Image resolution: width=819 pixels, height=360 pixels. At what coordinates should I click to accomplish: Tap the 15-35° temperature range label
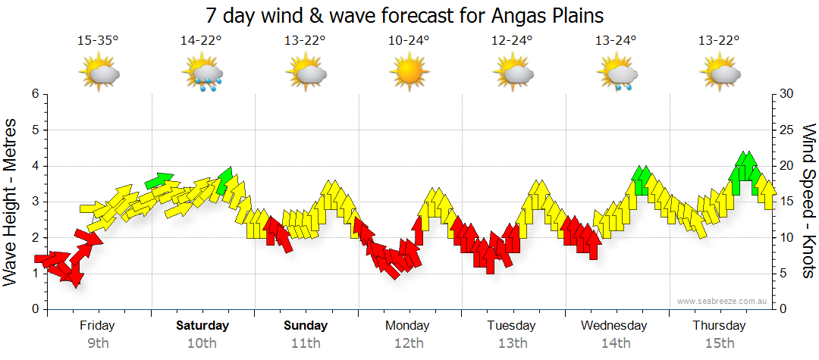pos(98,40)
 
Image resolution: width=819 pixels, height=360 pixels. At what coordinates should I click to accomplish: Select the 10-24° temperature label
pos(409,40)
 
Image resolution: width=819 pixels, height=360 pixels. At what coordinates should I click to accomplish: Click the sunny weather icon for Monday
pos(409,74)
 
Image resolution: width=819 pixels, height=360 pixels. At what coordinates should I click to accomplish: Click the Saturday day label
pos(202,326)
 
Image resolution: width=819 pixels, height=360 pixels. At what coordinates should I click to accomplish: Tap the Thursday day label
pos(719,326)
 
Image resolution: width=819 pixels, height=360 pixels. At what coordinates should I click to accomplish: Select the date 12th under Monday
pos(409,343)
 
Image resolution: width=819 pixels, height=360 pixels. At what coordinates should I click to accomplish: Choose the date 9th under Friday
pos(98,343)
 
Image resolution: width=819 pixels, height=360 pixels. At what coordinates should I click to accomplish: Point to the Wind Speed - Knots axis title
pos(808,201)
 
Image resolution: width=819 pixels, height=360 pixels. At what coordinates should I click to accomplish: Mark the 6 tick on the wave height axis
pos(34,94)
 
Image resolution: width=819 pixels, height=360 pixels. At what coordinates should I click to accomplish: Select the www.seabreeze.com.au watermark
pos(723,301)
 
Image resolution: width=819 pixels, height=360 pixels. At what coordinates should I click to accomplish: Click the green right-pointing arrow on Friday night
pos(159,180)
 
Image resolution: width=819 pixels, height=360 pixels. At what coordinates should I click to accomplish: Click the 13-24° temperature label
pos(616,40)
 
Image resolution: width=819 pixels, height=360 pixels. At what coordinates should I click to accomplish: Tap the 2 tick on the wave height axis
pos(34,238)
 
